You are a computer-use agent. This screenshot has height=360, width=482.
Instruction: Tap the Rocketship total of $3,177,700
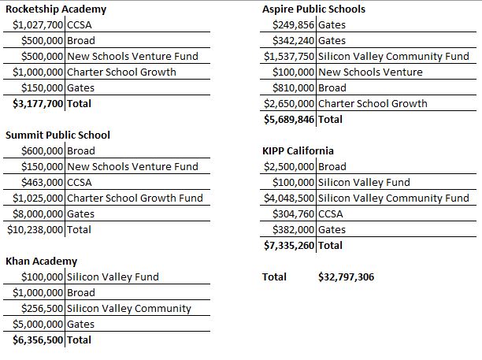[38, 104]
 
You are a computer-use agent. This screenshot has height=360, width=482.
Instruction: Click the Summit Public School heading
[57, 135]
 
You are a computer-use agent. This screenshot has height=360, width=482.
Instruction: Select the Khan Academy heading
[42, 262]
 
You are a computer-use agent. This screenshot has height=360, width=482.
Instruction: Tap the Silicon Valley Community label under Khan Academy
[129, 309]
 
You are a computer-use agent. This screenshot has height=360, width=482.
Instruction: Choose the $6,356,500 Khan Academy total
[38, 340]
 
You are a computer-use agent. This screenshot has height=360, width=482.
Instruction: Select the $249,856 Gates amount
[293, 25]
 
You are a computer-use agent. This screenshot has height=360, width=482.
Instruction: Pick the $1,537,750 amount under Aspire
[289, 57]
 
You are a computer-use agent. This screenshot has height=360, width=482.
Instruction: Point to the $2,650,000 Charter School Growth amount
[289, 104]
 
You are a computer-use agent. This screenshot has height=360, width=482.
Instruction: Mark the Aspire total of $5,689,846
[289, 120]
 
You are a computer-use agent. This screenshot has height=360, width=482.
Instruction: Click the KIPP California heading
[298, 151]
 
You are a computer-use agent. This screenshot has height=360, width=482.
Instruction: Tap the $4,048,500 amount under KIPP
[289, 199]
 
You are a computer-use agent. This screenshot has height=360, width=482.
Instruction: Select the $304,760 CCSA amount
[293, 214]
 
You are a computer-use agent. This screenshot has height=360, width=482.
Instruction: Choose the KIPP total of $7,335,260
[289, 246]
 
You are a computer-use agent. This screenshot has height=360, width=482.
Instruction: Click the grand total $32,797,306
[346, 277]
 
